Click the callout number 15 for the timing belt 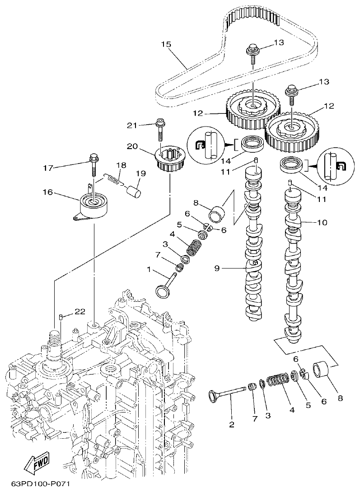[x=166, y=44]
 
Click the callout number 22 [x=79, y=312]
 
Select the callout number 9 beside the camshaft [x=217, y=268]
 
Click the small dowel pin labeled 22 [x=60, y=320]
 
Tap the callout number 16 [x=47, y=192]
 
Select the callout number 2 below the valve [x=232, y=424]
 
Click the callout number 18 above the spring [x=121, y=165]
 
